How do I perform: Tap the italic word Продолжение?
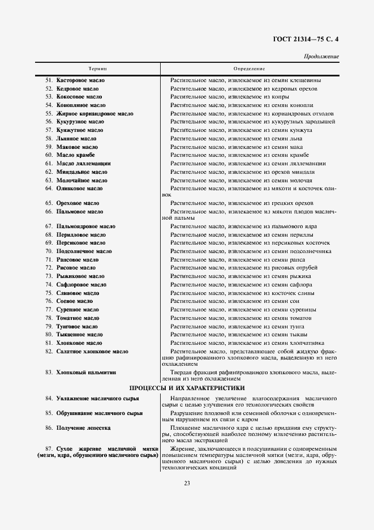click(321, 57)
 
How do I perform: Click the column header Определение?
click(249, 69)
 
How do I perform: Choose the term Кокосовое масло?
click(79, 97)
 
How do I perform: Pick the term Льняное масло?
click(76, 139)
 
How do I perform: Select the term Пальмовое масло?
click(80, 212)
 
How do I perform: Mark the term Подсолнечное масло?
click(84, 251)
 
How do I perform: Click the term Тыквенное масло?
click(79, 335)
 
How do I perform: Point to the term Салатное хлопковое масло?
click(92, 352)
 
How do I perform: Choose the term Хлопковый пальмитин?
click(85, 373)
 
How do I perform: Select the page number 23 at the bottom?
click(187, 483)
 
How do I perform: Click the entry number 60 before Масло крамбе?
click(49, 155)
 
